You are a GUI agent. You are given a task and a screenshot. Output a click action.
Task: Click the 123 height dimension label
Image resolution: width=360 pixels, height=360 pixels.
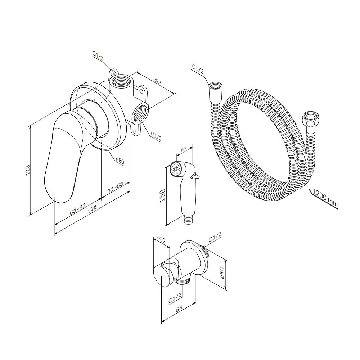pos(28,170)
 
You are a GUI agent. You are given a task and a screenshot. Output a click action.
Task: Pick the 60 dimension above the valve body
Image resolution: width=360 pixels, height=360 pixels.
pos(157,81)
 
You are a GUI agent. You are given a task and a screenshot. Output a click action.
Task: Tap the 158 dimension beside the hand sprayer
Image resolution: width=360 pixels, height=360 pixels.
pos(162,195)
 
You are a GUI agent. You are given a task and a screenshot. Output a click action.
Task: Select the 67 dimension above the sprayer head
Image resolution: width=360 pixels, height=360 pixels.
pos(184,150)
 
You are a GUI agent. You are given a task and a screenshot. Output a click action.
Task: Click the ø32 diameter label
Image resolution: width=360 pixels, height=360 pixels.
pos(162,240)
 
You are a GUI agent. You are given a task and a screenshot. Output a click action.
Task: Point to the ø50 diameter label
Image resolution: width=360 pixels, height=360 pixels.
pos(222,273)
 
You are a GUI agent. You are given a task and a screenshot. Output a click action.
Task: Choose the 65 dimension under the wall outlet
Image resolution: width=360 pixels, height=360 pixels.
pos(179,309)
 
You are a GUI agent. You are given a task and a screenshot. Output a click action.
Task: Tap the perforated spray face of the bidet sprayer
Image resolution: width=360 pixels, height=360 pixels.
pos(175,170)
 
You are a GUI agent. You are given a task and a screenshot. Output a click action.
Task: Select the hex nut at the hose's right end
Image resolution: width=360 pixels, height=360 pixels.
pos(308,118)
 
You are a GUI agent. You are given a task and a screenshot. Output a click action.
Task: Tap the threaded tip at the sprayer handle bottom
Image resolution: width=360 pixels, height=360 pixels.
pos(189,219)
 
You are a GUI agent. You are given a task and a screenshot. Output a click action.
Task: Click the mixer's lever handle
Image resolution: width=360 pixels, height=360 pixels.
pos(62,156)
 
